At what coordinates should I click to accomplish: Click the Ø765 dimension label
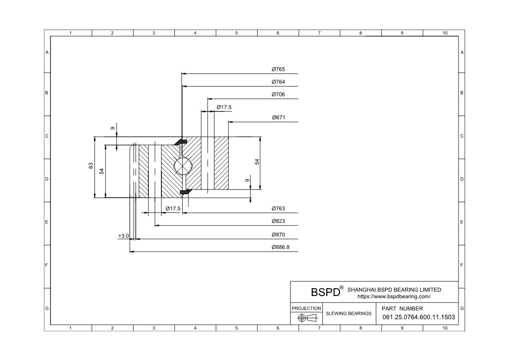(x=278, y=69)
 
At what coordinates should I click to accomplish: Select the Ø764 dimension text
(x=278, y=82)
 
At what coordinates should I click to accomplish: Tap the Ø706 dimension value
(x=278, y=94)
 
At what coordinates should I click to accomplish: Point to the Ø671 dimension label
(x=278, y=118)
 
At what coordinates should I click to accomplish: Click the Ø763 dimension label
(x=278, y=209)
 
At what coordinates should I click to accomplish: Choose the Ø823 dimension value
(x=278, y=221)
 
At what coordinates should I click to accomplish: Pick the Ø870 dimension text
(x=278, y=235)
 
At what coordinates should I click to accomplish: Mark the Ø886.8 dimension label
(x=280, y=247)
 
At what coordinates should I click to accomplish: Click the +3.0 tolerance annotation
(x=124, y=236)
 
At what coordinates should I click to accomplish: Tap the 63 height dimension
(x=91, y=166)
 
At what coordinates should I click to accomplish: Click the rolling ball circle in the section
(x=182, y=167)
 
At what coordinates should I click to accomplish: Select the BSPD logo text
(x=325, y=292)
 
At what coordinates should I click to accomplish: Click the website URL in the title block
(x=394, y=296)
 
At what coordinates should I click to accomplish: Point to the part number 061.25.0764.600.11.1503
(x=419, y=317)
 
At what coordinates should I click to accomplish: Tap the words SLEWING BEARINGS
(x=348, y=313)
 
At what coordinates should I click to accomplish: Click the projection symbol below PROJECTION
(x=306, y=318)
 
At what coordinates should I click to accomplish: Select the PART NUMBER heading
(x=402, y=308)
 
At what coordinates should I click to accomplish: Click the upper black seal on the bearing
(x=181, y=142)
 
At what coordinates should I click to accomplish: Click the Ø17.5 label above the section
(x=224, y=107)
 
